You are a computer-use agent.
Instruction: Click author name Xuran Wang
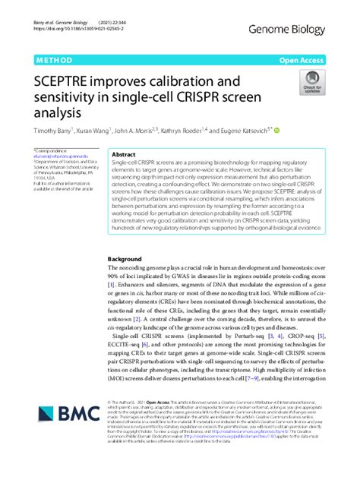pos(94,130)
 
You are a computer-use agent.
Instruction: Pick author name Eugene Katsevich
pos(240,130)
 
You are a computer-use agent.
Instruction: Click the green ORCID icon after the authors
pos(276,130)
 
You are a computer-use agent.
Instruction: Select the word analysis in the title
pos(58,112)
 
